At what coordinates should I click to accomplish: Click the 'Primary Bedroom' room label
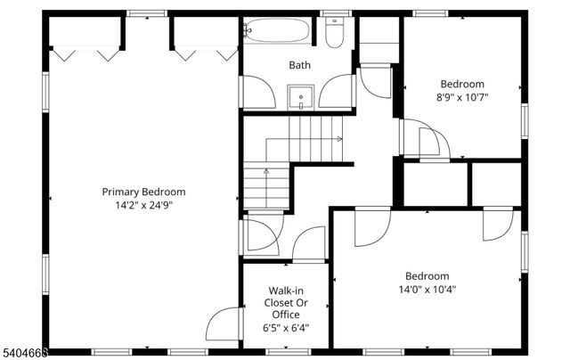pos(143,192)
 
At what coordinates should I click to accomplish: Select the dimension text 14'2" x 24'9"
pos(143,205)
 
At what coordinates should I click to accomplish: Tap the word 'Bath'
pos(298,65)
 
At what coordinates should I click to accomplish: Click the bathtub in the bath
pos(276,31)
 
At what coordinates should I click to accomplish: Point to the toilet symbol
pos(334,34)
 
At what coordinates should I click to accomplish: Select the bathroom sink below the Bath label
pos(301,96)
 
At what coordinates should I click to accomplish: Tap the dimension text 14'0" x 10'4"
pos(427,289)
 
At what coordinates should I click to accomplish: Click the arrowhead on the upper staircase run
pos(340,139)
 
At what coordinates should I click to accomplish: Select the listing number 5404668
pos(24,353)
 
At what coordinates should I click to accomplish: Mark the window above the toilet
pos(335,13)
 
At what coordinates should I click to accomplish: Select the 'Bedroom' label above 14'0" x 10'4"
pos(427,275)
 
